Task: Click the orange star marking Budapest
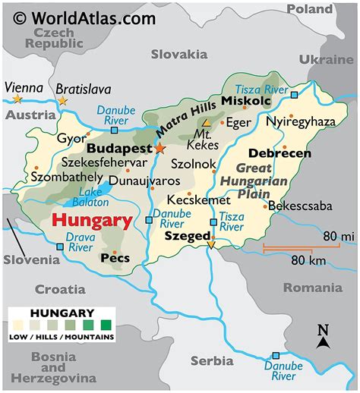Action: point(159,149)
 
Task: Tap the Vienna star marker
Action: point(17,99)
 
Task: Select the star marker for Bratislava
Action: point(62,100)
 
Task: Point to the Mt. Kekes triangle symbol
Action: point(207,121)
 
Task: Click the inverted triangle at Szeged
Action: point(211,244)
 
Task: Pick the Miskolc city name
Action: point(245,102)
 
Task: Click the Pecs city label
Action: point(115,258)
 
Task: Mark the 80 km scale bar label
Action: point(308,261)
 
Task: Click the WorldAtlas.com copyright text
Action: point(85,17)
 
